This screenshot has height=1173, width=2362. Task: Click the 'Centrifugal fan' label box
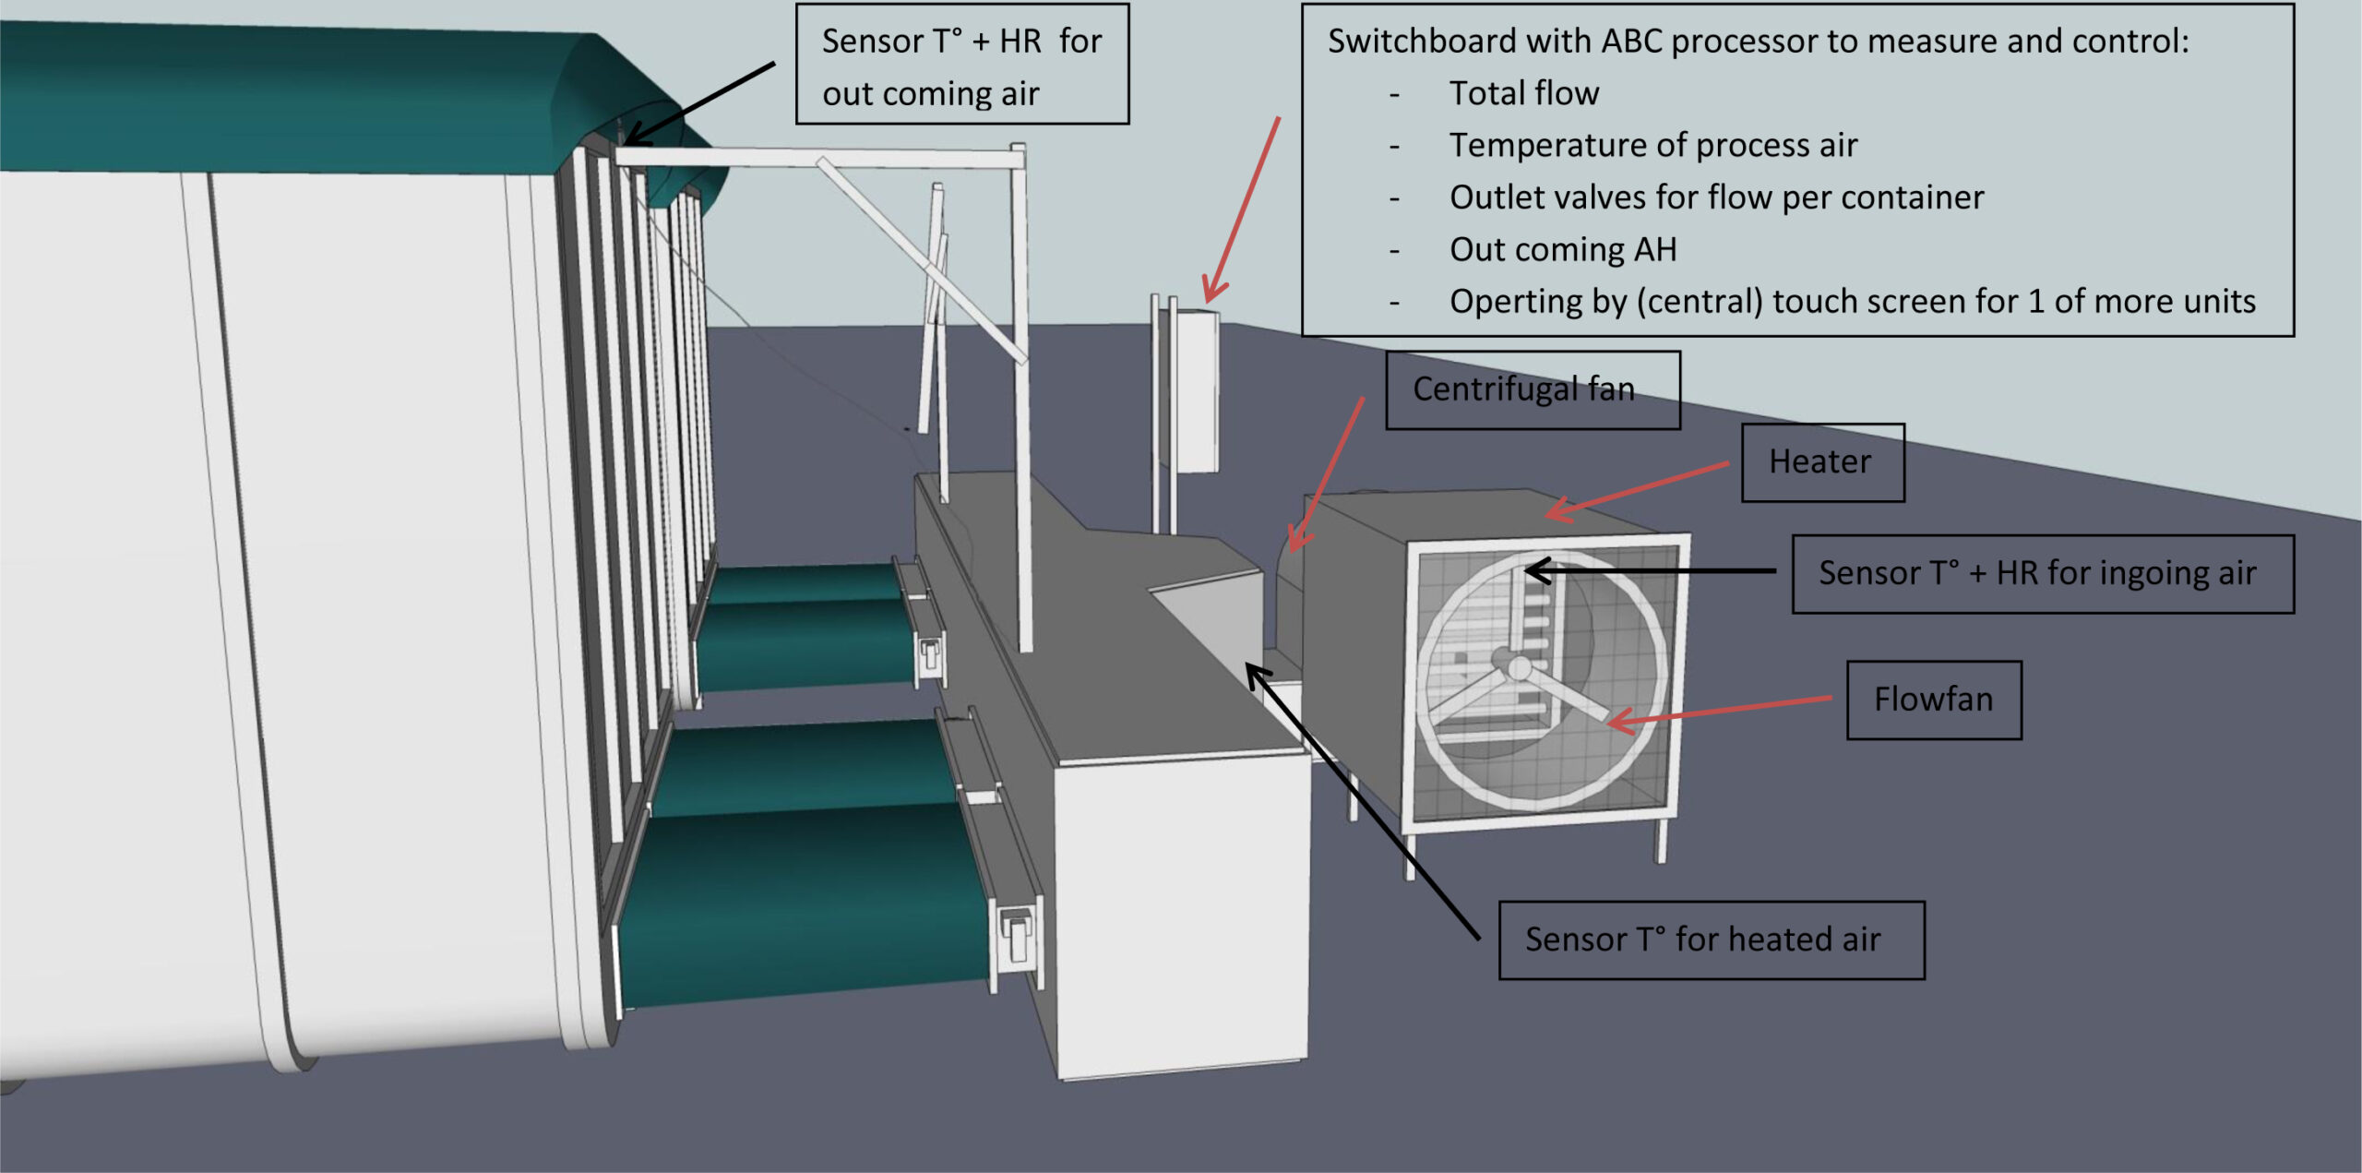click(1532, 389)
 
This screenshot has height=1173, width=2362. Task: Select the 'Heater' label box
click(1821, 461)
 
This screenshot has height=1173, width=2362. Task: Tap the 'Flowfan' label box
click(1933, 700)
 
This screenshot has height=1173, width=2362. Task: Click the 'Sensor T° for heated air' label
click(1711, 940)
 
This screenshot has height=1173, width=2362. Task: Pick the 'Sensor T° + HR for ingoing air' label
click(2042, 573)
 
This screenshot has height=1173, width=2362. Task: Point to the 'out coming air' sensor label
click(961, 65)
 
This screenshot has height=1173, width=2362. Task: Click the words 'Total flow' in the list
click(1523, 93)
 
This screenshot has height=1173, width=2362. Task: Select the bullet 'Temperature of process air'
click(1652, 145)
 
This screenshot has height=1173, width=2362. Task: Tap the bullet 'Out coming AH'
click(1563, 249)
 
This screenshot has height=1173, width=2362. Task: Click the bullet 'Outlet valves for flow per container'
click(1716, 197)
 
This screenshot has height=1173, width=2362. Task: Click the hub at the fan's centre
click(1519, 666)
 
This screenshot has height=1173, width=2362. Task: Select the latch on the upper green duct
click(930, 652)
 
